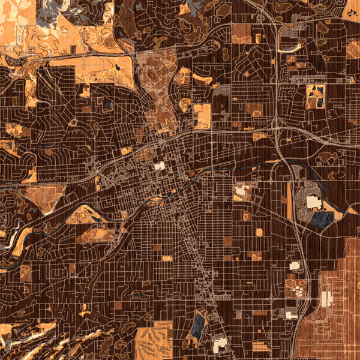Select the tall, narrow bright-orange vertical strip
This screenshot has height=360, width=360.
point(290,202)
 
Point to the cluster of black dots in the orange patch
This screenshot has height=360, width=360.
point(350,8)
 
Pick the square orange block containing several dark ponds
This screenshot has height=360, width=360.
point(315,95)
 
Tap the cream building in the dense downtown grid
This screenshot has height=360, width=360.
point(160,166)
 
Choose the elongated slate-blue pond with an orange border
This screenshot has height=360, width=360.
point(197,326)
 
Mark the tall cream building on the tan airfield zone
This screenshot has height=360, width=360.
point(326,298)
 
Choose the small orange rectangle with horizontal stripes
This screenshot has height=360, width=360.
point(261,346)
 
